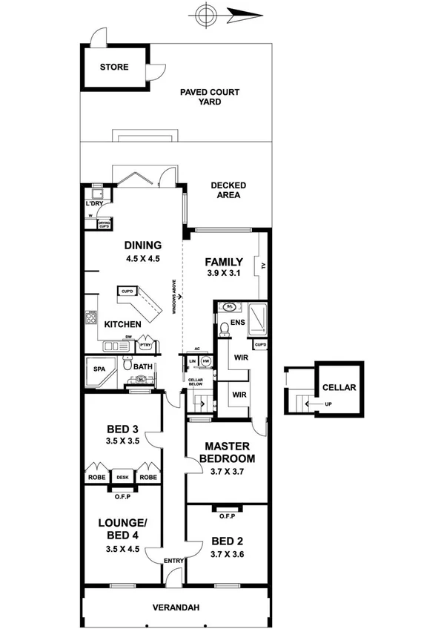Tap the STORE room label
114,67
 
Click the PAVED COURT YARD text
210,97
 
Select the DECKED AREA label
228,190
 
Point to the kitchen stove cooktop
92,318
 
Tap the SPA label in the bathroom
99,369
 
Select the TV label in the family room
262,265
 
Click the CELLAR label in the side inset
339,388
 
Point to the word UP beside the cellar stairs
327,405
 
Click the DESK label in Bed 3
122,478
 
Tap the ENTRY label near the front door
173,560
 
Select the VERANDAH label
176,607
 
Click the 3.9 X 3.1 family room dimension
223,274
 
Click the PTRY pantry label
145,345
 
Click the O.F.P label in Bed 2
227,516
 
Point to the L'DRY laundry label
93,204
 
